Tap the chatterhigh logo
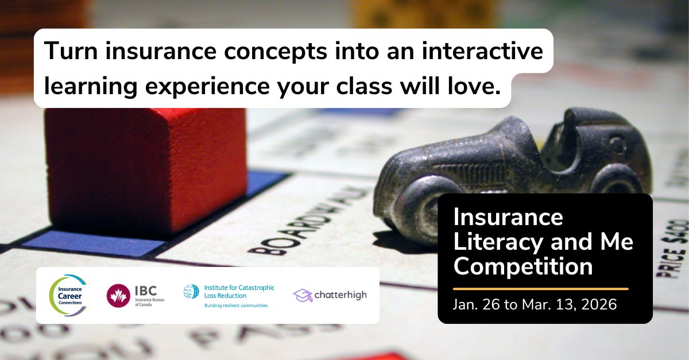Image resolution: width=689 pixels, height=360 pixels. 330,295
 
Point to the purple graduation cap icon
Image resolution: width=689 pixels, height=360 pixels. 303,295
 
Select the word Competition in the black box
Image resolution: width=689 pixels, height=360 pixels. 523,267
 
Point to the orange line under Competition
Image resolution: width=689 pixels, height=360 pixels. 540,289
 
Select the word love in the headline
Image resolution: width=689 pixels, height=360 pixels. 467,86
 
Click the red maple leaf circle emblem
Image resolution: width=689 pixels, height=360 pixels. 118,296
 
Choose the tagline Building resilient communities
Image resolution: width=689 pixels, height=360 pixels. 236,305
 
